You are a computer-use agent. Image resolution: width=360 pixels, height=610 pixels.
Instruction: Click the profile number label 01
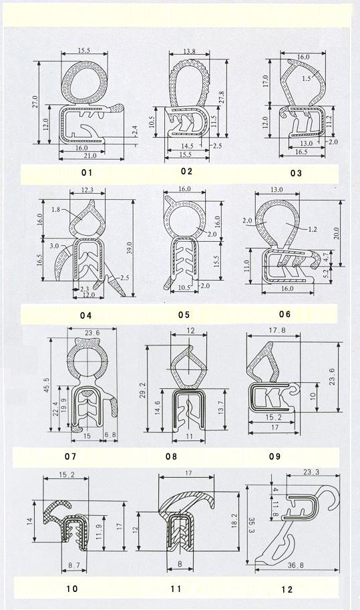(87, 172)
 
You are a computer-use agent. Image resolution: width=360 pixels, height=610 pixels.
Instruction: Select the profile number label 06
(285, 314)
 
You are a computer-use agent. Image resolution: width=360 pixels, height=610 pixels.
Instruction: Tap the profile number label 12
(287, 590)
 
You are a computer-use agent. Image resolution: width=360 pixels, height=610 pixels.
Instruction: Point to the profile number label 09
(275, 456)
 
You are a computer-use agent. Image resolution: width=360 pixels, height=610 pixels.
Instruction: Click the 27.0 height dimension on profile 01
(35, 102)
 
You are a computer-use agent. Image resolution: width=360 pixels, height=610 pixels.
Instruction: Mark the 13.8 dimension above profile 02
(189, 51)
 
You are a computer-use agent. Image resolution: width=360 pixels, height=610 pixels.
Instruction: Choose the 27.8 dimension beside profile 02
(221, 98)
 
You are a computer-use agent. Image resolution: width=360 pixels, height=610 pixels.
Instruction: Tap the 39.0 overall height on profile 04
(130, 247)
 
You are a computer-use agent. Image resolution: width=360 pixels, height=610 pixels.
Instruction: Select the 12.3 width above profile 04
(87, 190)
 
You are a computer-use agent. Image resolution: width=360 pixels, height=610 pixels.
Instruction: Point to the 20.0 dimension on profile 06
(337, 233)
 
